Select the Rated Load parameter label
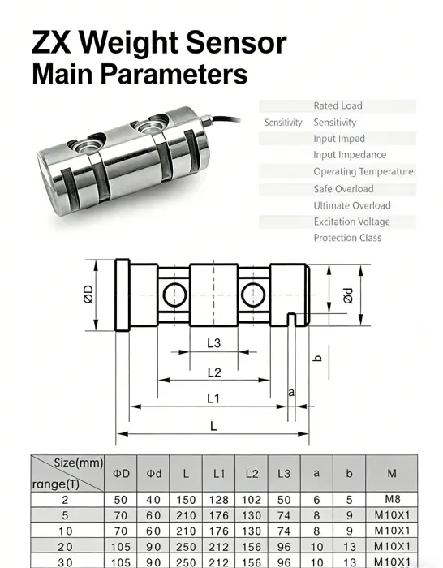point(338,105)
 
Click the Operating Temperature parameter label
point(363,171)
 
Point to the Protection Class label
point(346,238)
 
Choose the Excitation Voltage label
point(351,222)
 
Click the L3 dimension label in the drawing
point(213,343)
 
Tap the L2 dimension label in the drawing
point(213,372)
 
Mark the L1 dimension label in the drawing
point(213,398)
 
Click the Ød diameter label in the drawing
point(347,295)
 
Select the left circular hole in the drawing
point(173,293)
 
